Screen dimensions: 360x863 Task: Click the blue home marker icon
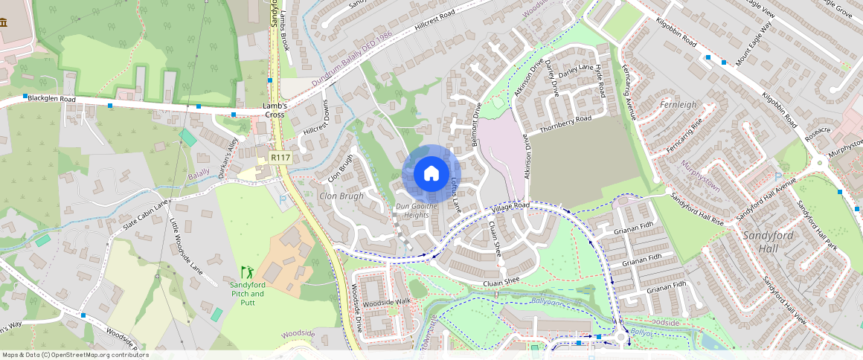pyautogui.click(x=431, y=174)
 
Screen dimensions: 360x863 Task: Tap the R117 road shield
pyautogui.click(x=280, y=158)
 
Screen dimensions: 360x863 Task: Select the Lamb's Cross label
pyautogui.click(x=275, y=110)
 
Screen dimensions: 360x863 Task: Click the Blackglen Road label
pyautogui.click(x=52, y=99)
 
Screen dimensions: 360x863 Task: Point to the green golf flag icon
pyautogui.click(x=247, y=272)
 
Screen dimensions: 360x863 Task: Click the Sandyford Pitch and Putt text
pyautogui.click(x=247, y=289)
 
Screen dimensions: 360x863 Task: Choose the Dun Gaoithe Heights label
pyautogui.click(x=411, y=210)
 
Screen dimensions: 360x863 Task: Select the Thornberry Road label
pyautogui.click(x=565, y=124)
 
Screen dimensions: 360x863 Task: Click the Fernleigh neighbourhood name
pyautogui.click(x=678, y=105)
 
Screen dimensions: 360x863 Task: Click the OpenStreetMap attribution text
pyautogui.click(x=76, y=355)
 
